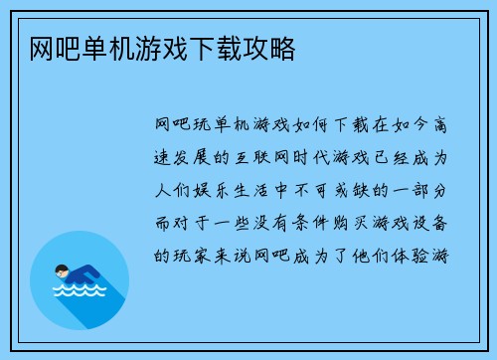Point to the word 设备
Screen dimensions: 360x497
(432, 223)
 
